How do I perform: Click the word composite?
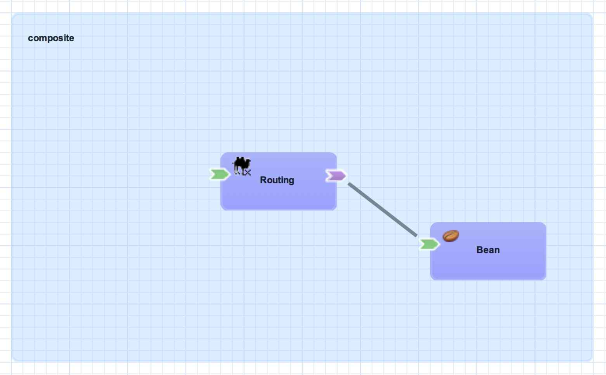click(51, 38)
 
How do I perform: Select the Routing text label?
click(277, 180)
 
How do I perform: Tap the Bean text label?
click(488, 250)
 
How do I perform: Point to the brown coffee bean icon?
click(451, 236)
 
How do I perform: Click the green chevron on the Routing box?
click(219, 174)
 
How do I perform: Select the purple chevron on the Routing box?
click(336, 176)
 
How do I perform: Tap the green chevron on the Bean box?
click(429, 244)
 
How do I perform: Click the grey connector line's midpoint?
click(383, 210)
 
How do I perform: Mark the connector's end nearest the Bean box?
click(416, 235)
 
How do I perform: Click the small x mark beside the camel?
click(247, 172)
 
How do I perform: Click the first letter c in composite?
click(30, 38)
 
